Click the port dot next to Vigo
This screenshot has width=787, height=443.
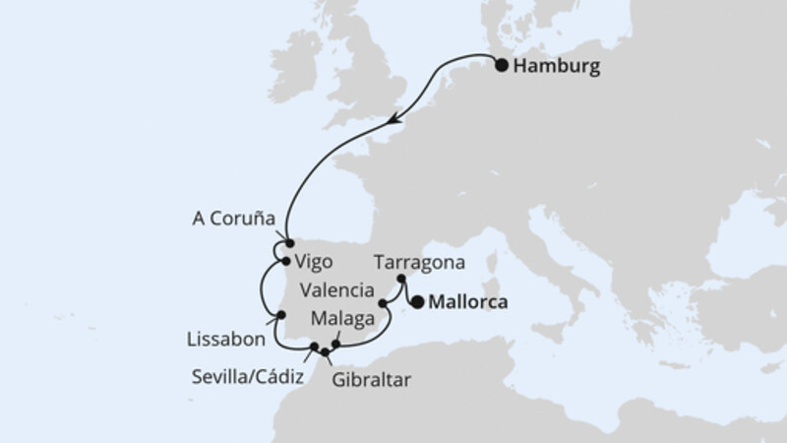pyautogui.click(x=283, y=262)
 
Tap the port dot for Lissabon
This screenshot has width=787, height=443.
pyautogui.click(x=280, y=316)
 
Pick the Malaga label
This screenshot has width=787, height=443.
pyautogui.click(x=342, y=318)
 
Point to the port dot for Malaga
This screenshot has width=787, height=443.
pyautogui.click(x=336, y=345)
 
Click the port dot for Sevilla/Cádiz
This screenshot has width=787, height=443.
pyautogui.click(x=315, y=347)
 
